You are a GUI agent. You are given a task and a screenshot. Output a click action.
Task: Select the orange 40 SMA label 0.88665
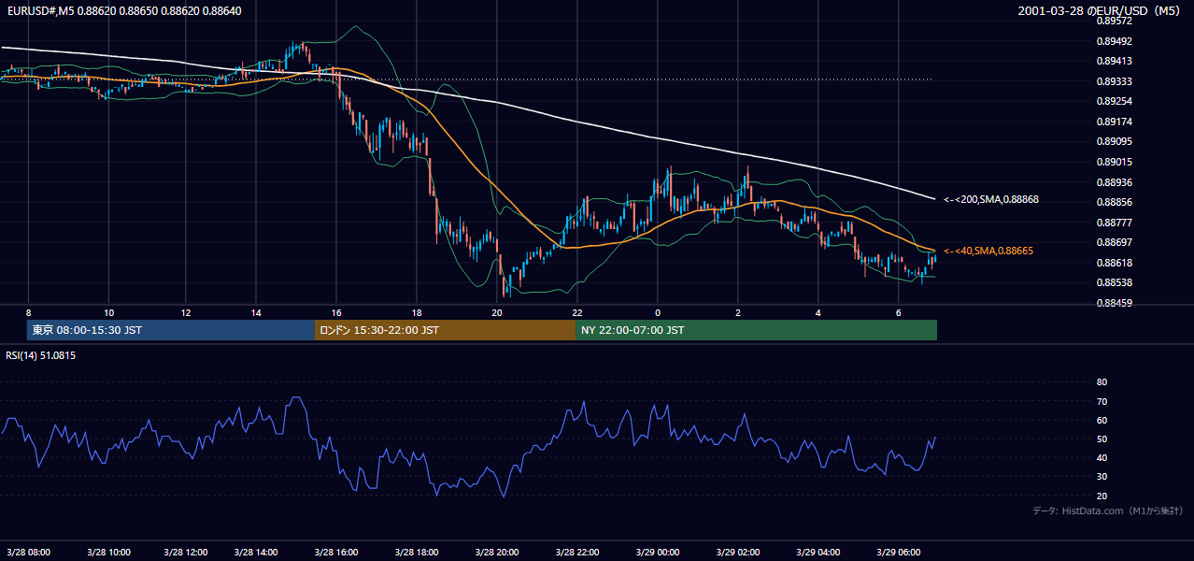(x=988, y=251)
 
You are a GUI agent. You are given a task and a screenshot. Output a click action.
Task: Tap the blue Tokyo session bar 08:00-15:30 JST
(x=171, y=330)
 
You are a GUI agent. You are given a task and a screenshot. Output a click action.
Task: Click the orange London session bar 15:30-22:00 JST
(x=445, y=330)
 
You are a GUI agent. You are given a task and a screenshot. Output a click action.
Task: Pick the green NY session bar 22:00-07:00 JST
(x=757, y=330)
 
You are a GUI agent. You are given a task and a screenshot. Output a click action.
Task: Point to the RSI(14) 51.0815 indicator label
(x=40, y=355)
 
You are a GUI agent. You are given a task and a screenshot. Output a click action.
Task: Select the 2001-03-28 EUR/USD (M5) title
(x=1099, y=10)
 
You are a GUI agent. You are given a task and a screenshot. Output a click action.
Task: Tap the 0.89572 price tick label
(x=1114, y=22)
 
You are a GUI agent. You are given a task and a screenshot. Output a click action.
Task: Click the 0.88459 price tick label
(x=1114, y=303)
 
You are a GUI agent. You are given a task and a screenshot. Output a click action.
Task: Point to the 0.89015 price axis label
(x=1114, y=162)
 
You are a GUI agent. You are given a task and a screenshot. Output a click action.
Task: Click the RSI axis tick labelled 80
(x=1102, y=381)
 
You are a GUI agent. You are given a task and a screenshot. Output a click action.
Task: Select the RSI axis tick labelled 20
(x=1102, y=496)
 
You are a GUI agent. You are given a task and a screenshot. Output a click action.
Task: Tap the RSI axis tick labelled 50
(x=1102, y=439)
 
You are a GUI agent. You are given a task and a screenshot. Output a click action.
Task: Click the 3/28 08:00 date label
(x=29, y=553)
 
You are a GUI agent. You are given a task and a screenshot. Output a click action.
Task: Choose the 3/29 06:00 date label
(x=899, y=553)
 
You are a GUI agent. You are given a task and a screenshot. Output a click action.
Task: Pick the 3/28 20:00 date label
(x=497, y=553)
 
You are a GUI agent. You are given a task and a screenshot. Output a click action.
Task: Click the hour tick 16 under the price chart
(x=336, y=313)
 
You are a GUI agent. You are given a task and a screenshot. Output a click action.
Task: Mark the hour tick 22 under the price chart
(x=577, y=313)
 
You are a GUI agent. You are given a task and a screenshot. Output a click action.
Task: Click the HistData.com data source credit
(x=1108, y=511)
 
